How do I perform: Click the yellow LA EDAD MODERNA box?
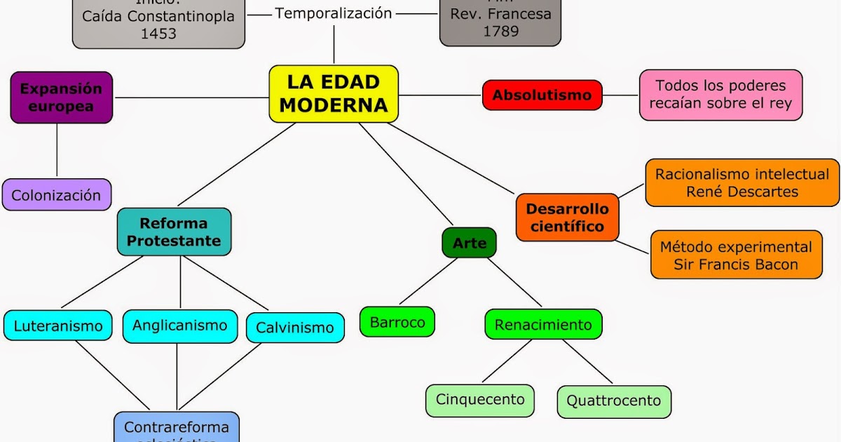tap(334, 94)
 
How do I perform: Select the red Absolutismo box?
tap(542, 95)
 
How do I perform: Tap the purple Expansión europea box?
tap(61, 98)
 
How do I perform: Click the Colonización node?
tap(56, 195)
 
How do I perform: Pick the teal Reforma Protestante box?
tap(174, 232)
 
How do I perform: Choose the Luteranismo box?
tap(57, 326)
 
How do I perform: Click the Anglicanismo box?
tap(179, 326)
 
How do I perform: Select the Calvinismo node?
tap(294, 328)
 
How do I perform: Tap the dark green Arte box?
tap(469, 243)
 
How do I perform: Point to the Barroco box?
tap(397, 323)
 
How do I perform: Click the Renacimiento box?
tap(542, 325)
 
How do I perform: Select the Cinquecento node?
tap(479, 400)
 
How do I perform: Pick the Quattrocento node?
tap(613, 401)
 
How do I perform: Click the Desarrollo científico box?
tap(567, 217)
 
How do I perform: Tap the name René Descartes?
tap(741, 192)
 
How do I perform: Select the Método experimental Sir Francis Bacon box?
tap(736, 255)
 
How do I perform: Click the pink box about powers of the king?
tap(720, 95)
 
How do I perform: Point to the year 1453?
tap(158, 34)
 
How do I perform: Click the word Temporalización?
tap(333, 13)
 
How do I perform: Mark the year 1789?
tap(500, 31)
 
